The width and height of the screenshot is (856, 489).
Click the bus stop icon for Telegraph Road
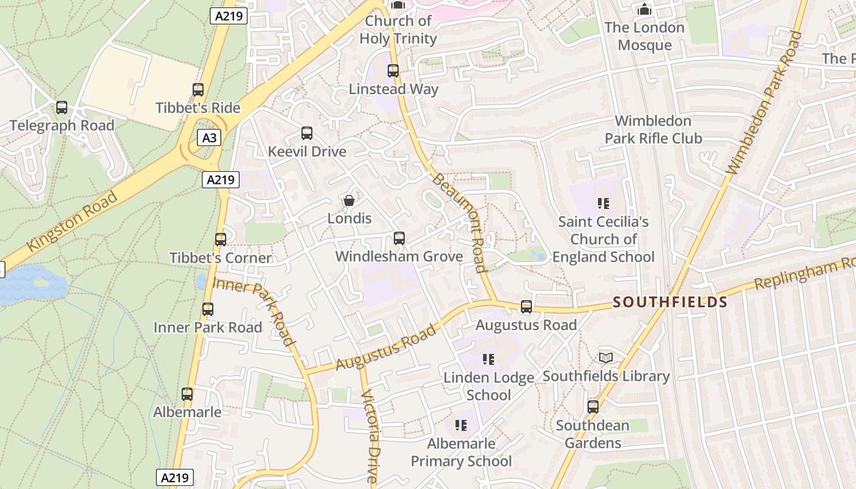point(62,108)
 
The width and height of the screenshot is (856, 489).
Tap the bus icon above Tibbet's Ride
point(197,90)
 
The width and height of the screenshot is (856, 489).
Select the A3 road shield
point(208,138)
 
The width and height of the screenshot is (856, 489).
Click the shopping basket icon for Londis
point(349,200)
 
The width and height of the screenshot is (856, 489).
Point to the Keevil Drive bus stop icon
point(307,133)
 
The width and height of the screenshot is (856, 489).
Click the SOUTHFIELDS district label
point(670,302)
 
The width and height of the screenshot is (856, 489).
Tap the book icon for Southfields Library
point(605,358)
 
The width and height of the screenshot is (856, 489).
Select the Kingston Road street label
point(72,222)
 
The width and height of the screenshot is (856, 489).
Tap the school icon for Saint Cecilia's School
point(603,203)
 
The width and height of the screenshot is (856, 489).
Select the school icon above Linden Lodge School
point(488,359)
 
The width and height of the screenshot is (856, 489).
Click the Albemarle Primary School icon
point(461,425)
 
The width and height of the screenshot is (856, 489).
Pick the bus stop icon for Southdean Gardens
point(592,406)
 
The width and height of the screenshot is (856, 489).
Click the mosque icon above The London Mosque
point(644,9)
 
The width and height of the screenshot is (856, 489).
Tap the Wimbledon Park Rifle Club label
point(653,130)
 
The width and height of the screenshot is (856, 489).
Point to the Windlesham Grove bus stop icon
point(399,238)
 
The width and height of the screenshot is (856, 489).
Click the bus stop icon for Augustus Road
point(526,307)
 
